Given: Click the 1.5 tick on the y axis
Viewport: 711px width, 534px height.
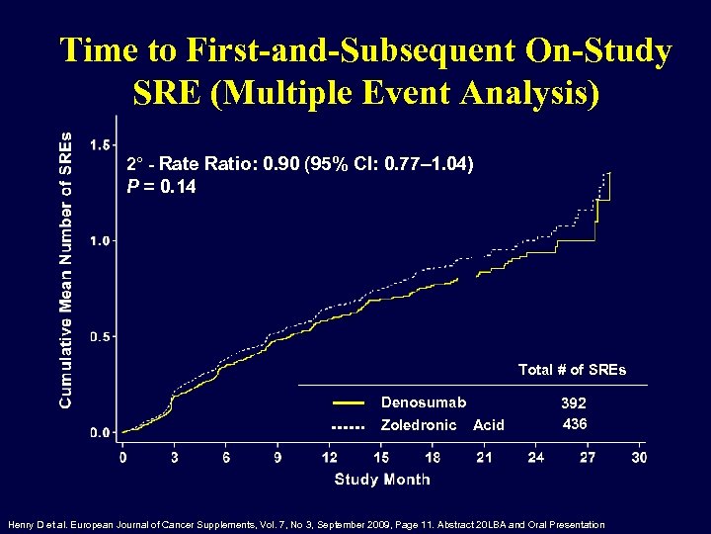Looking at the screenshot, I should [x=101, y=145].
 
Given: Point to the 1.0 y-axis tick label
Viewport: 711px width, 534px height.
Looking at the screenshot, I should [x=101, y=240].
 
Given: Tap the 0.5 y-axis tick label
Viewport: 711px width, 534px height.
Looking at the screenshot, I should [x=101, y=337].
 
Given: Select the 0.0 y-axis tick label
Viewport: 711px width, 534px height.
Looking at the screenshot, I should [x=101, y=433].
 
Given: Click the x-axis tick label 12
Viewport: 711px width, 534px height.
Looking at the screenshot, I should [x=330, y=457].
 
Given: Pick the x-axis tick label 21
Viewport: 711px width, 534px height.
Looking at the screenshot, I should [x=484, y=457].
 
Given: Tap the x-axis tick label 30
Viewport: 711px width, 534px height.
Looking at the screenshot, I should [x=639, y=457].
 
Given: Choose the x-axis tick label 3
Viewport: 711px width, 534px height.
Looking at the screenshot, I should [x=175, y=457].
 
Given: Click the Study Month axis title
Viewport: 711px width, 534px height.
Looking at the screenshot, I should [x=382, y=480].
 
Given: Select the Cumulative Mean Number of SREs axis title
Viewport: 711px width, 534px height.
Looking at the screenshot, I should [x=66, y=270].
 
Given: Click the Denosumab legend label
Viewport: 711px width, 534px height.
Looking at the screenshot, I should [x=424, y=402].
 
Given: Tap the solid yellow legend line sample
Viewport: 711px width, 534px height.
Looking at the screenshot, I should [x=348, y=403].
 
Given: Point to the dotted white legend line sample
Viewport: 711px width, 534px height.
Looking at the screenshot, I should [x=348, y=426].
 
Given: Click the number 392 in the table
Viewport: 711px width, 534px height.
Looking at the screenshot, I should [x=573, y=403].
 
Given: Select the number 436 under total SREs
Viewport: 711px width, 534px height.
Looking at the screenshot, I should [x=575, y=424].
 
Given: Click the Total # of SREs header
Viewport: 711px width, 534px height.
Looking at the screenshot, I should [x=572, y=370].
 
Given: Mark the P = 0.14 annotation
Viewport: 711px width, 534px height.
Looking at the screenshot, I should [x=161, y=185].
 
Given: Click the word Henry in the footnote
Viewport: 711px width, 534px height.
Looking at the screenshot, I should [x=22, y=524].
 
